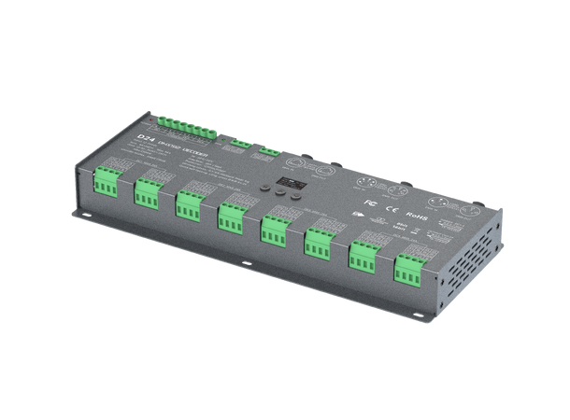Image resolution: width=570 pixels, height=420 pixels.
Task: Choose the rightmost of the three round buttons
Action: coord(298,194)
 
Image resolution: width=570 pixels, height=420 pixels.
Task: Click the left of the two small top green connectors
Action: coord(240,142)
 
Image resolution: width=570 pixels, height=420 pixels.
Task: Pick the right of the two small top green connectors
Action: coord(269,149)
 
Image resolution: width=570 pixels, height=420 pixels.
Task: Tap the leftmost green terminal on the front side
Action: coord(106,183)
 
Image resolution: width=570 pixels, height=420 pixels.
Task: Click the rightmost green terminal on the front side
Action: coord(407,270)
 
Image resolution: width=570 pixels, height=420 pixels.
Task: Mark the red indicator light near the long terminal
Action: coord(148,119)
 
